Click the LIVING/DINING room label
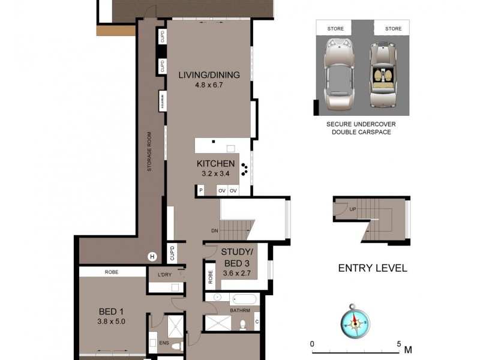pos(209,75)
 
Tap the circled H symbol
pos(152,257)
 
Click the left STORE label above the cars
pos(335,28)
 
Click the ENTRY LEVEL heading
pos(372,268)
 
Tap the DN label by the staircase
pos(214,230)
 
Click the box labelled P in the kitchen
pos(201,191)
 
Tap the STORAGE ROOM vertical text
pos(149,151)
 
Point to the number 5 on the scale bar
pos(399,344)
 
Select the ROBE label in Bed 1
pos(112,272)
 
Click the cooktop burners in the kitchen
pos(244,169)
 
